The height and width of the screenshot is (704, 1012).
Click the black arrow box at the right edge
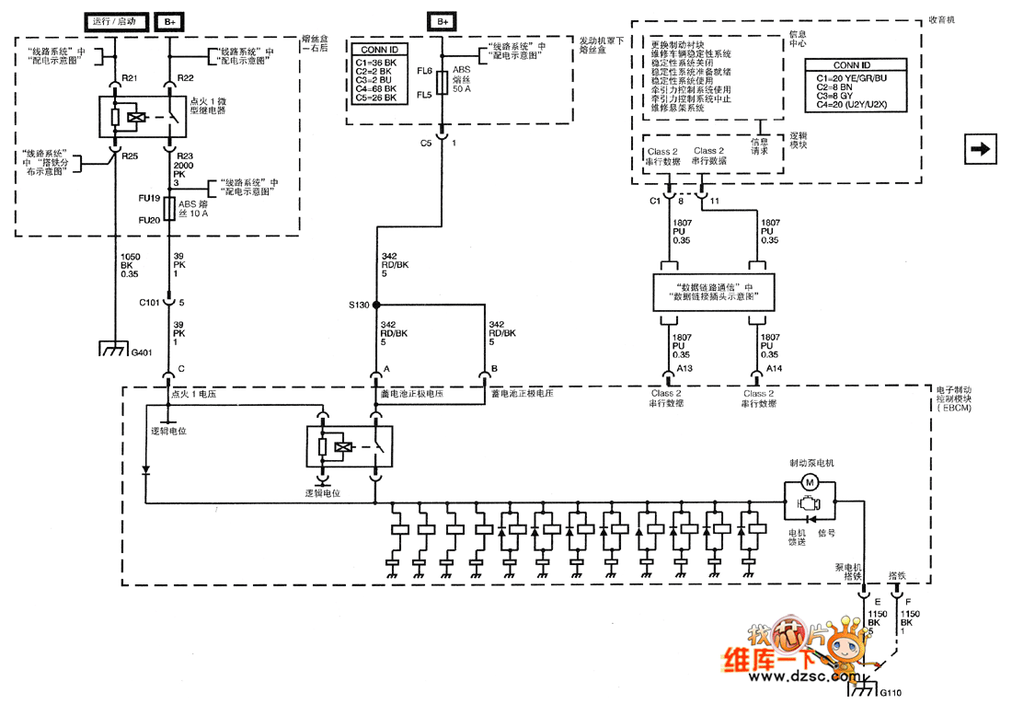982,148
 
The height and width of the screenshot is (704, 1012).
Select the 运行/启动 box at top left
113,20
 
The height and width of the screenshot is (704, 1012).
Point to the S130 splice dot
375,305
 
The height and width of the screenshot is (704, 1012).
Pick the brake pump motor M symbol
811,482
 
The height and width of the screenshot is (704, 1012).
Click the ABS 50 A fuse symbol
443,82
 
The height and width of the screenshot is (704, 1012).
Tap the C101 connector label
150,302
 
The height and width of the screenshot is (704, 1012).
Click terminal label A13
684,368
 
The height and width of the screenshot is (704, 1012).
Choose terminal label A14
775,368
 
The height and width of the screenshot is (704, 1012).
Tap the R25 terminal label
130,156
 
